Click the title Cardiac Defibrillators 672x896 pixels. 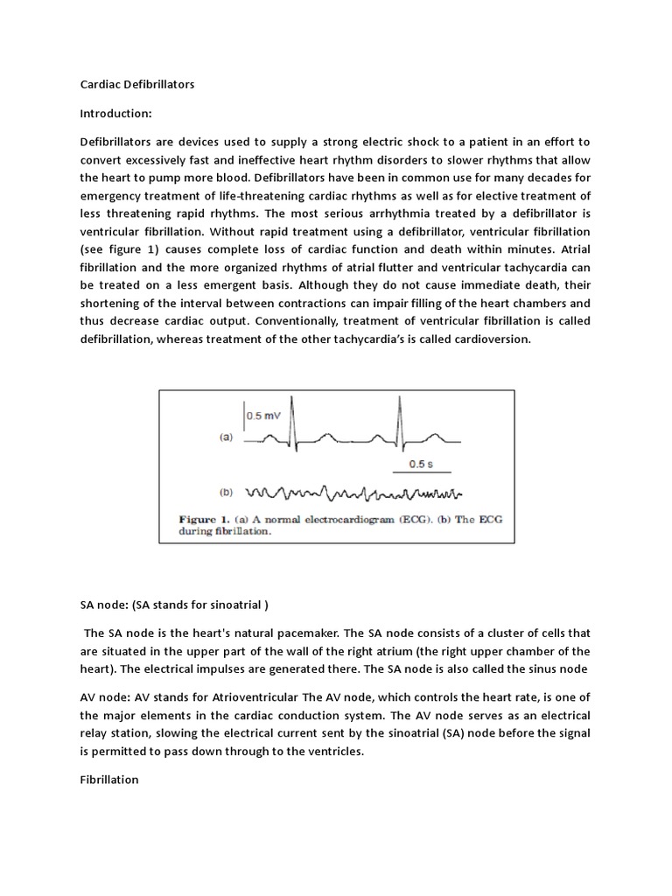pos(136,85)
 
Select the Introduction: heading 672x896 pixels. pos(116,113)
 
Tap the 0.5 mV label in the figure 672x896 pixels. pos(264,416)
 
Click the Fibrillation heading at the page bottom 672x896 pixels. pos(109,780)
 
